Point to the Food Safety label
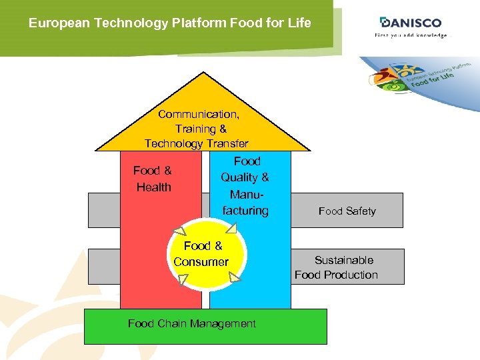coord(347,211)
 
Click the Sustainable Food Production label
coord(337,267)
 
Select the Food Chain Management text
coord(191,324)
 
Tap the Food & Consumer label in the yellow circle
coord(201,255)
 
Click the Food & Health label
coord(153,179)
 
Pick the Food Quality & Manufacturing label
coord(245,186)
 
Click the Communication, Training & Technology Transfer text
coord(197,129)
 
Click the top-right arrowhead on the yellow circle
coord(231,228)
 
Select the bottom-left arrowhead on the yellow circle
coord(179,279)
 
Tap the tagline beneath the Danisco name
coord(411,35)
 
